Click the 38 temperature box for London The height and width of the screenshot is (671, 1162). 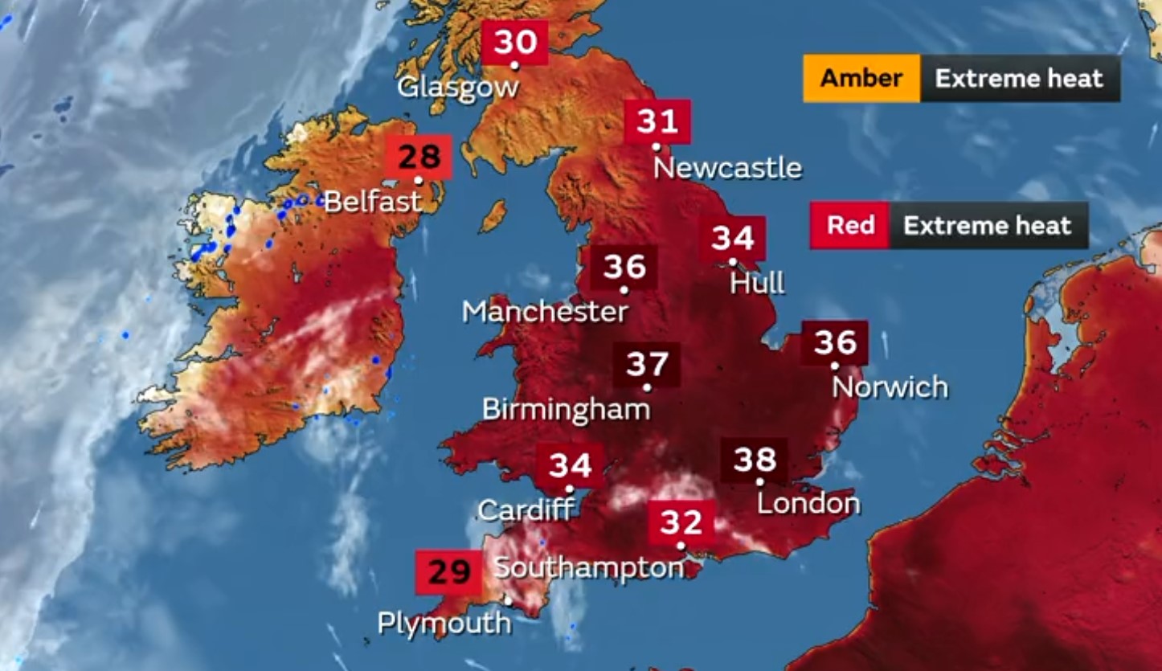click(755, 460)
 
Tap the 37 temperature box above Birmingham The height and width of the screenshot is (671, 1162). click(647, 365)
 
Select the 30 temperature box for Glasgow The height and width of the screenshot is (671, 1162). click(515, 42)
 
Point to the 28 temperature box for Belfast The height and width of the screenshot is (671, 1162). click(419, 157)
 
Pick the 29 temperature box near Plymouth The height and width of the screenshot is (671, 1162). click(448, 573)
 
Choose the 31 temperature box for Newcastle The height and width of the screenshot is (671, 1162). click(657, 122)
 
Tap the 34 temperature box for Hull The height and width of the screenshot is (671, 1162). click(732, 239)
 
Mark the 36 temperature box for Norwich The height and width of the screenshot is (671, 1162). click(835, 343)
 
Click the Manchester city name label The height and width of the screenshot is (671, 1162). click(545, 312)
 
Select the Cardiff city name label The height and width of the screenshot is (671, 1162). click(526, 509)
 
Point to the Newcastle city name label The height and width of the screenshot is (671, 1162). click(727, 168)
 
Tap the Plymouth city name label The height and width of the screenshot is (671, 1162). click(444, 623)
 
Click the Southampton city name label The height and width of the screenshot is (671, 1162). click(588, 568)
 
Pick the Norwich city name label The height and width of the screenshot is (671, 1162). click(890, 387)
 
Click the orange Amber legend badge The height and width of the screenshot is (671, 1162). click(861, 79)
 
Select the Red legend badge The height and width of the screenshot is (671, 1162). click(850, 225)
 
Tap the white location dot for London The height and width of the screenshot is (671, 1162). click(759, 482)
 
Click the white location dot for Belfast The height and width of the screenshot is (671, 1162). click(419, 180)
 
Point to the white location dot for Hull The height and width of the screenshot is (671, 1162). click(732, 262)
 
